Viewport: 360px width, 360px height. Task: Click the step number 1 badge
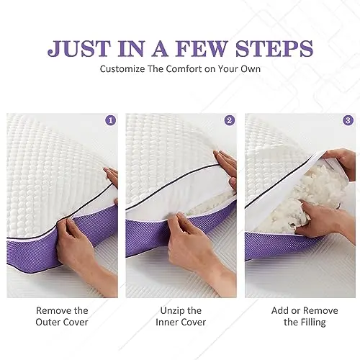pos(110,120)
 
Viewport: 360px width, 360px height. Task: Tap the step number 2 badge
pos(229,120)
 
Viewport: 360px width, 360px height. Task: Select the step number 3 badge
pos(348,120)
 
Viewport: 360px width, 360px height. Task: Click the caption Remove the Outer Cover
pos(62,316)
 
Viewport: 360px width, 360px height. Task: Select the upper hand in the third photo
pos(338,162)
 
